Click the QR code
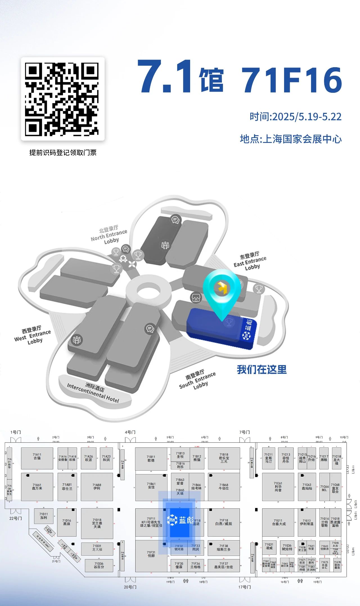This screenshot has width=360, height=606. (x=62, y=99)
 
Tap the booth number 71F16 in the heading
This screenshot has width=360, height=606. (x=292, y=80)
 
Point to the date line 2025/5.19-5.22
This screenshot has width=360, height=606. (x=295, y=117)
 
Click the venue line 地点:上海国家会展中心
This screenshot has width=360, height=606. (x=291, y=139)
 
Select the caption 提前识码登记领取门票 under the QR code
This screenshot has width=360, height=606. (x=63, y=153)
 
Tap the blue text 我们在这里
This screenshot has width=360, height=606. (x=262, y=370)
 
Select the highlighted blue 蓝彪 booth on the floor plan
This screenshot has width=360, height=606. (x=180, y=520)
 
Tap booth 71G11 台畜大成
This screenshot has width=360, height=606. (x=278, y=522)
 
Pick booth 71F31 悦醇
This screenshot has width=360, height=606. (x=151, y=554)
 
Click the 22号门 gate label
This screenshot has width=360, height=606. (x=15, y=518)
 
